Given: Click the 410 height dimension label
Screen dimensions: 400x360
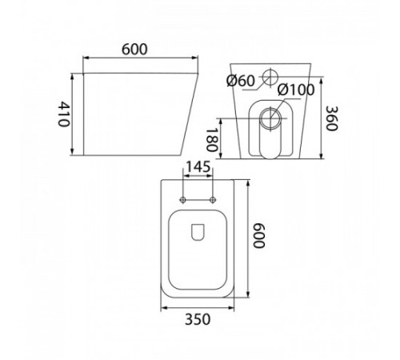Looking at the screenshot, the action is pyautogui.click(x=64, y=114).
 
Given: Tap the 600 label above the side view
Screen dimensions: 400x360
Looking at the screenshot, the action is pyautogui.click(x=134, y=50).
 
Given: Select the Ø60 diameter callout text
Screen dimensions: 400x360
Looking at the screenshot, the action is pyautogui.click(x=241, y=81).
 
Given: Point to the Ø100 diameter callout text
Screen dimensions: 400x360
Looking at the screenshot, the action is pyautogui.click(x=296, y=90).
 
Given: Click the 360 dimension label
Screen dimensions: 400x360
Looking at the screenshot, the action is pyautogui.click(x=332, y=118).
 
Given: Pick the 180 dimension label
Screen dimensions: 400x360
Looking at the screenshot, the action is pyautogui.click(x=213, y=140).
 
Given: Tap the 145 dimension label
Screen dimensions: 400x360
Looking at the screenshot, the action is pyautogui.click(x=198, y=167).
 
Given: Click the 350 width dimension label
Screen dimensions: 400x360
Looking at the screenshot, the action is pyautogui.click(x=198, y=319).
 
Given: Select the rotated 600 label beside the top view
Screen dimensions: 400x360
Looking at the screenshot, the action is pyautogui.click(x=258, y=236).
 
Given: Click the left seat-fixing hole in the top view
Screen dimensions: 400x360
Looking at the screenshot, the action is pyautogui.click(x=182, y=199).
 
